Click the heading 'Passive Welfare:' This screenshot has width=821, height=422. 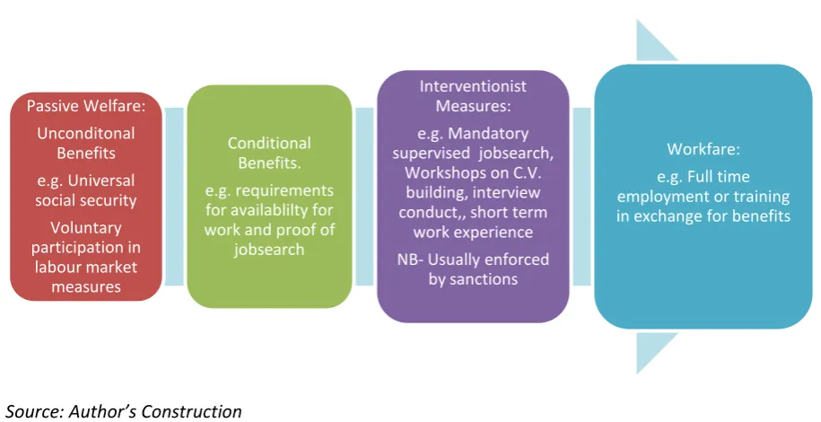tap(86, 106)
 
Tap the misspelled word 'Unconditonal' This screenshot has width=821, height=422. tap(86, 133)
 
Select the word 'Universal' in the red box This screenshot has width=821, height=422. tap(101, 180)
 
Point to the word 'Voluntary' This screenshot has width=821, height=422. tap(86, 228)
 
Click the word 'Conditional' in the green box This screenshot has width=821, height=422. tap(269, 143)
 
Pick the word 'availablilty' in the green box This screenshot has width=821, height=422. tap(288, 210)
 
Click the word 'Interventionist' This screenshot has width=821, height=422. tap(473, 86)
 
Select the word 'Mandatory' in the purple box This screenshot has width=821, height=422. tap(488, 134)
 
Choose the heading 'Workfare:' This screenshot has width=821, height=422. tap(703, 149)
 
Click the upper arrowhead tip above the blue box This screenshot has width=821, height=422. tap(637, 20)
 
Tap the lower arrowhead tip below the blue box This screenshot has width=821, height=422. tap(637, 374)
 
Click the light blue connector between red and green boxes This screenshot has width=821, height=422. tap(174, 197)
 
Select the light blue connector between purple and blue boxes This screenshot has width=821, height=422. tap(581, 197)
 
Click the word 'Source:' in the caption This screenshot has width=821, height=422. tap(35, 411)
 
